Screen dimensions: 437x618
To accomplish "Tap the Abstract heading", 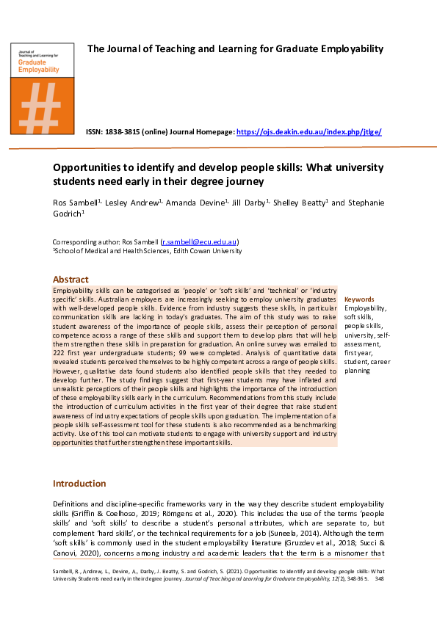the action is pos(71,280).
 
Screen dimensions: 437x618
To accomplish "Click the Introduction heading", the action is pos(79,484).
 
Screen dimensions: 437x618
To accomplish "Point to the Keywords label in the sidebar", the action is pos(359,299).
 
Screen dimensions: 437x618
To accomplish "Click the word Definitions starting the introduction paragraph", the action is pos(72,504).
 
